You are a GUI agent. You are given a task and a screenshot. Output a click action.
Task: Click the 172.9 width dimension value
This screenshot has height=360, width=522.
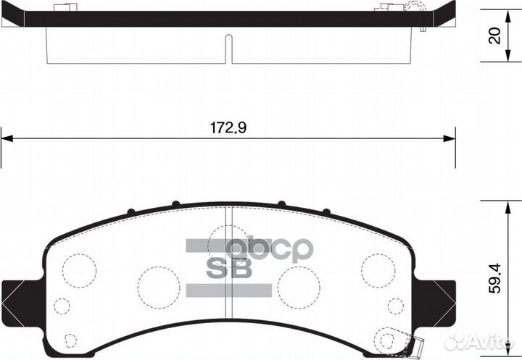228,128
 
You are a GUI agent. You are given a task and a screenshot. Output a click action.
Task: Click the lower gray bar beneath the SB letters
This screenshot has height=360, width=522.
228,290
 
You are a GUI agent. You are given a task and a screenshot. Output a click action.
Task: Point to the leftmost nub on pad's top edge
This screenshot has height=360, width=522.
130,212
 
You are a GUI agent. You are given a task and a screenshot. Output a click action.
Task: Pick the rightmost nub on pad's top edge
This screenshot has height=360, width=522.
326,212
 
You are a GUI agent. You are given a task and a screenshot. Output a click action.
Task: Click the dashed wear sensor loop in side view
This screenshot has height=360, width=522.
414,9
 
